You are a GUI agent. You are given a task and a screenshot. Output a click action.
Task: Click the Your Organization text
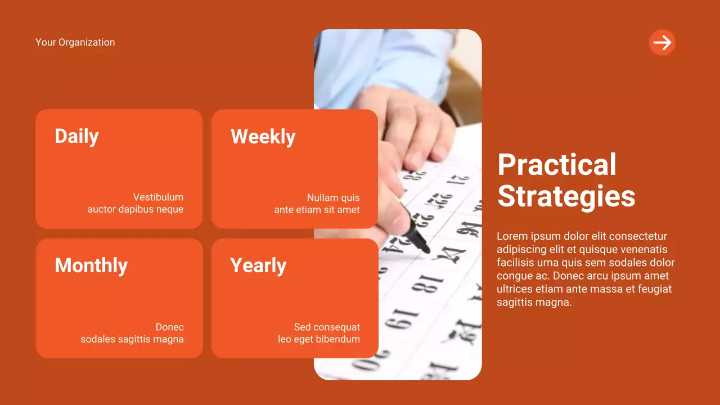75,42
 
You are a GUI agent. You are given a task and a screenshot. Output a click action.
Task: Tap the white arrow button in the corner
662,42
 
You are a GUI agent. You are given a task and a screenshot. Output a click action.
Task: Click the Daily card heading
76,136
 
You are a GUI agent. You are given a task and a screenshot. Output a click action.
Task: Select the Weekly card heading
263,137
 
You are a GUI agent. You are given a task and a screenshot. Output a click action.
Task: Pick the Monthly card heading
91,265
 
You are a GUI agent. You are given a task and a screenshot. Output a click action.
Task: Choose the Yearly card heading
258,265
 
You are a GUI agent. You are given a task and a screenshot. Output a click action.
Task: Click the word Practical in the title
557,165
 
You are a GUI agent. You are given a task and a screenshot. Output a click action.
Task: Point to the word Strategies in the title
566,196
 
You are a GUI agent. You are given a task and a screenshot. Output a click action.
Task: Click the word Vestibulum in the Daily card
158,197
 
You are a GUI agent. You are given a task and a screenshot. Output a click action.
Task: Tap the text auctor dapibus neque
135,209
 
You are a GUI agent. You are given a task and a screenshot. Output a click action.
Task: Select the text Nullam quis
333,198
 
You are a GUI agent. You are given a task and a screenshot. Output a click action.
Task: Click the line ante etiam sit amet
317,210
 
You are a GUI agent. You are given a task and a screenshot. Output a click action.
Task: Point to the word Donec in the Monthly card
169,327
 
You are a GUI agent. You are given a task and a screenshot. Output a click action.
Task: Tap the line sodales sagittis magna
132,339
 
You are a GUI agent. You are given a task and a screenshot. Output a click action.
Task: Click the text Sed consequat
327,327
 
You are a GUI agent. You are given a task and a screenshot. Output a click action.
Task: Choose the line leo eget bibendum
318,339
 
